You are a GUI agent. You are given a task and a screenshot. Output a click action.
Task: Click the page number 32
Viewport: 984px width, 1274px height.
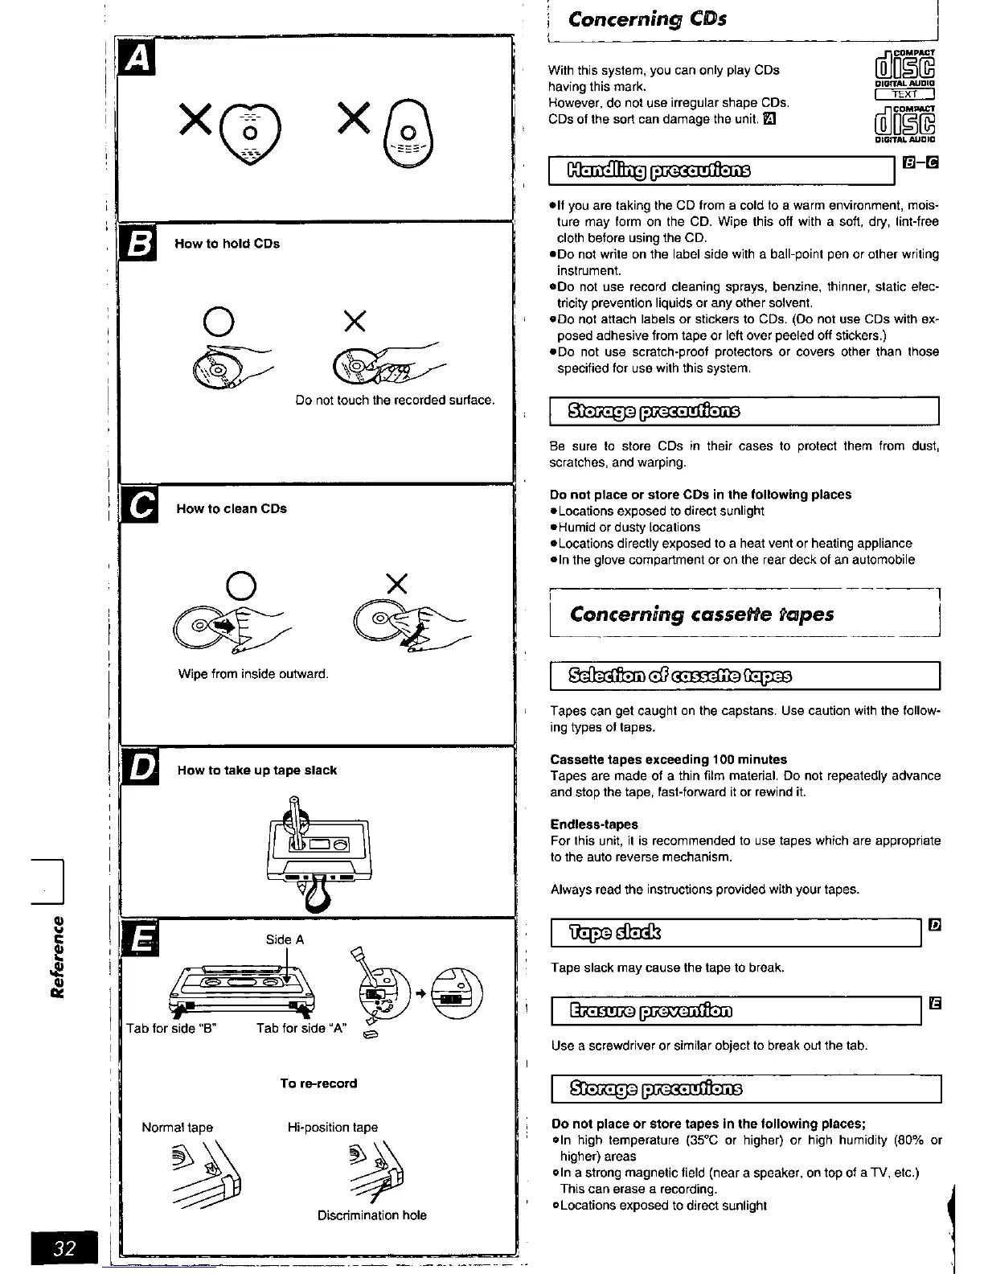click(64, 1247)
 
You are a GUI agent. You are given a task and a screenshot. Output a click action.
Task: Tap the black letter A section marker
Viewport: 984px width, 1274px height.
click(137, 60)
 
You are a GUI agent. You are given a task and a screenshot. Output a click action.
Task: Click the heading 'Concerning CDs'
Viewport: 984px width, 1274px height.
click(647, 18)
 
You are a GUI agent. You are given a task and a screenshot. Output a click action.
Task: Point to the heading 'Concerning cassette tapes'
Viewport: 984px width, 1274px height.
click(701, 614)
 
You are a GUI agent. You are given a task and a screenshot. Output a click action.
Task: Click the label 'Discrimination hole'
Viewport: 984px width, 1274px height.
click(371, 1215)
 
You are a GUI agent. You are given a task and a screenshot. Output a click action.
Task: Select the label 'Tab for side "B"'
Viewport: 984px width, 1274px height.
click(172, 1028)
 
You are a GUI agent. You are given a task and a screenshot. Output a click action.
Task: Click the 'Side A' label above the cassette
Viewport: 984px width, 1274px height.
click(285, 939)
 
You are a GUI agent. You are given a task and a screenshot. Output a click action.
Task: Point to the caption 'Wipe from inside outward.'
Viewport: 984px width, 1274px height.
click(253, 674)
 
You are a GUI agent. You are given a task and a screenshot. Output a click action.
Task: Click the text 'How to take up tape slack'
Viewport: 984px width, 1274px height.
click(257, 771)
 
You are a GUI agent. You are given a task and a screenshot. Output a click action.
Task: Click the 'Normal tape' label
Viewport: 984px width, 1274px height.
click(177, 1128)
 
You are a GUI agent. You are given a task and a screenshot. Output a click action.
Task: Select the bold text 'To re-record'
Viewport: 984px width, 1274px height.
click(318, 1083)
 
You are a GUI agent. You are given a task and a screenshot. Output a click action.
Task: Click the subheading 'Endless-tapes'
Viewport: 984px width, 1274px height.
click(594, 824)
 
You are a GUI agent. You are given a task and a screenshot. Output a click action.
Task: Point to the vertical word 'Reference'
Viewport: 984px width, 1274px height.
click(57, 956)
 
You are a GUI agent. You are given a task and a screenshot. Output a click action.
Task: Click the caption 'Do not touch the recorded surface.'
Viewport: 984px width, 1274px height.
click(395, 400)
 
